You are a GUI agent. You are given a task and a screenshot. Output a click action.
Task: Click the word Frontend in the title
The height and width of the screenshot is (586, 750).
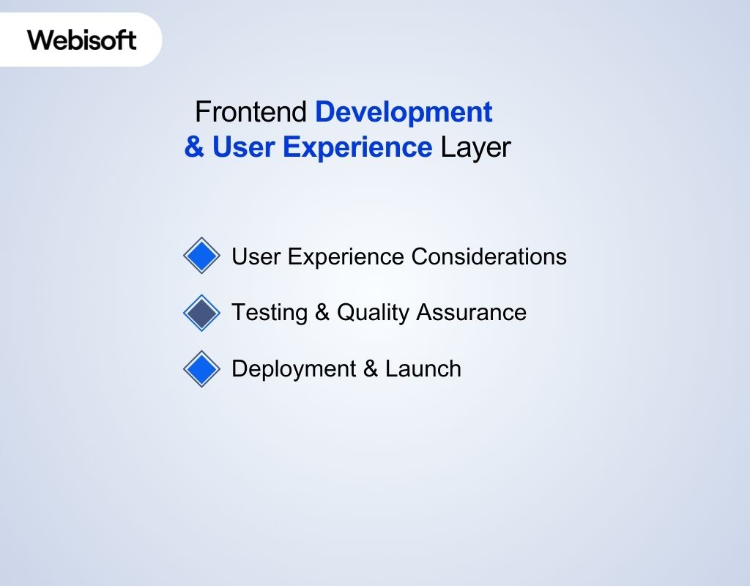[251, 112]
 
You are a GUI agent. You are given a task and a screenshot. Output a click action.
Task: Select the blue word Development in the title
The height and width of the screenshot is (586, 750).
[404, 112]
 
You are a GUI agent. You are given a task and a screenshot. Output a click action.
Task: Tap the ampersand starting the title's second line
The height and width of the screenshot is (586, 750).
[194, 147]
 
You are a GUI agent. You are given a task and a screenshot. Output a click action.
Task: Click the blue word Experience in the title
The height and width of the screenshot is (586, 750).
[357, 147]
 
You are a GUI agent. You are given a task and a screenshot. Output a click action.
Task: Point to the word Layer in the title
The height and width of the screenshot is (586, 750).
[475, 147]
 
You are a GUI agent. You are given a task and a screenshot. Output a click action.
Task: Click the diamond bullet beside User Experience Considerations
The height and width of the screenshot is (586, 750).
[201, 256]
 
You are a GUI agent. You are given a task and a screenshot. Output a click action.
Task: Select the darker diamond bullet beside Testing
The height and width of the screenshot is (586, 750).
[201, 313]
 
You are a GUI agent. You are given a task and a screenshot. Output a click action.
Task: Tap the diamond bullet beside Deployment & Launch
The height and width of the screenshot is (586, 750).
[201, 368]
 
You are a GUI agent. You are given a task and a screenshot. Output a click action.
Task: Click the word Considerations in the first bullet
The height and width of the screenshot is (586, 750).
[489, 256]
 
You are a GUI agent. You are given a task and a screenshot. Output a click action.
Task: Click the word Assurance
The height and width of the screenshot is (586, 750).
[471, 312]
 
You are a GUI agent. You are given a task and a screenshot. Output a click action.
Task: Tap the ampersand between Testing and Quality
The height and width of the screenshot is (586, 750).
[322, 313]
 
